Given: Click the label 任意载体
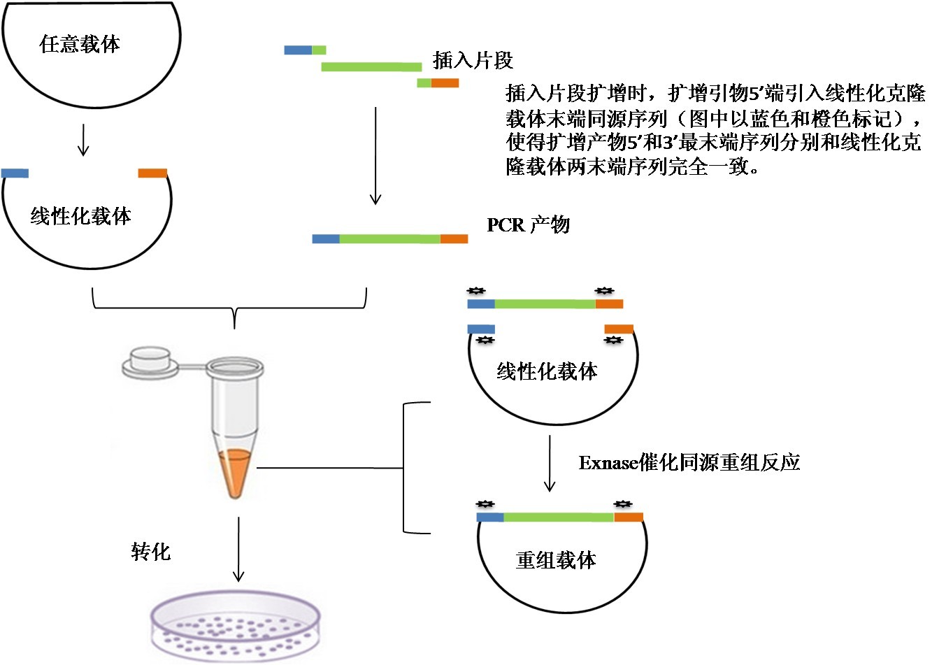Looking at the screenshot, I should (80, 45).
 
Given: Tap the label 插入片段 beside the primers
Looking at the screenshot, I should (473, 60).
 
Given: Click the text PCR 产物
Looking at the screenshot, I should (528, 224).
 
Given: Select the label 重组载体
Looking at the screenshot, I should (556, 560).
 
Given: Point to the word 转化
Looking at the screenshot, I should (150, 551).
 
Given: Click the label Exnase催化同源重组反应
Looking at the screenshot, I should (689, 462).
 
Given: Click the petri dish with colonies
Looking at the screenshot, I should (236, 627).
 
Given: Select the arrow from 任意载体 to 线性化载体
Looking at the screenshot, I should (83, 140).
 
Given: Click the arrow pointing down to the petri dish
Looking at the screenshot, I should (238, 549).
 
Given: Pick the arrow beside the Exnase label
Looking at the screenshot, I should (550, 463).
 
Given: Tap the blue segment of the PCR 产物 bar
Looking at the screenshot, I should (325, 239).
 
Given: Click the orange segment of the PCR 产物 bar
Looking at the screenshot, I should (454, 239).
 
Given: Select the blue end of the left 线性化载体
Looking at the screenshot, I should (15, 173).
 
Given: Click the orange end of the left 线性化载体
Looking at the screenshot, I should (152, 173).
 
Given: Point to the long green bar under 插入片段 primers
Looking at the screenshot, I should (371, 67).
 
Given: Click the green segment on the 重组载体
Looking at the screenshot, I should (558, 517).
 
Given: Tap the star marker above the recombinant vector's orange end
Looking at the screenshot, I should (622, 504).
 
